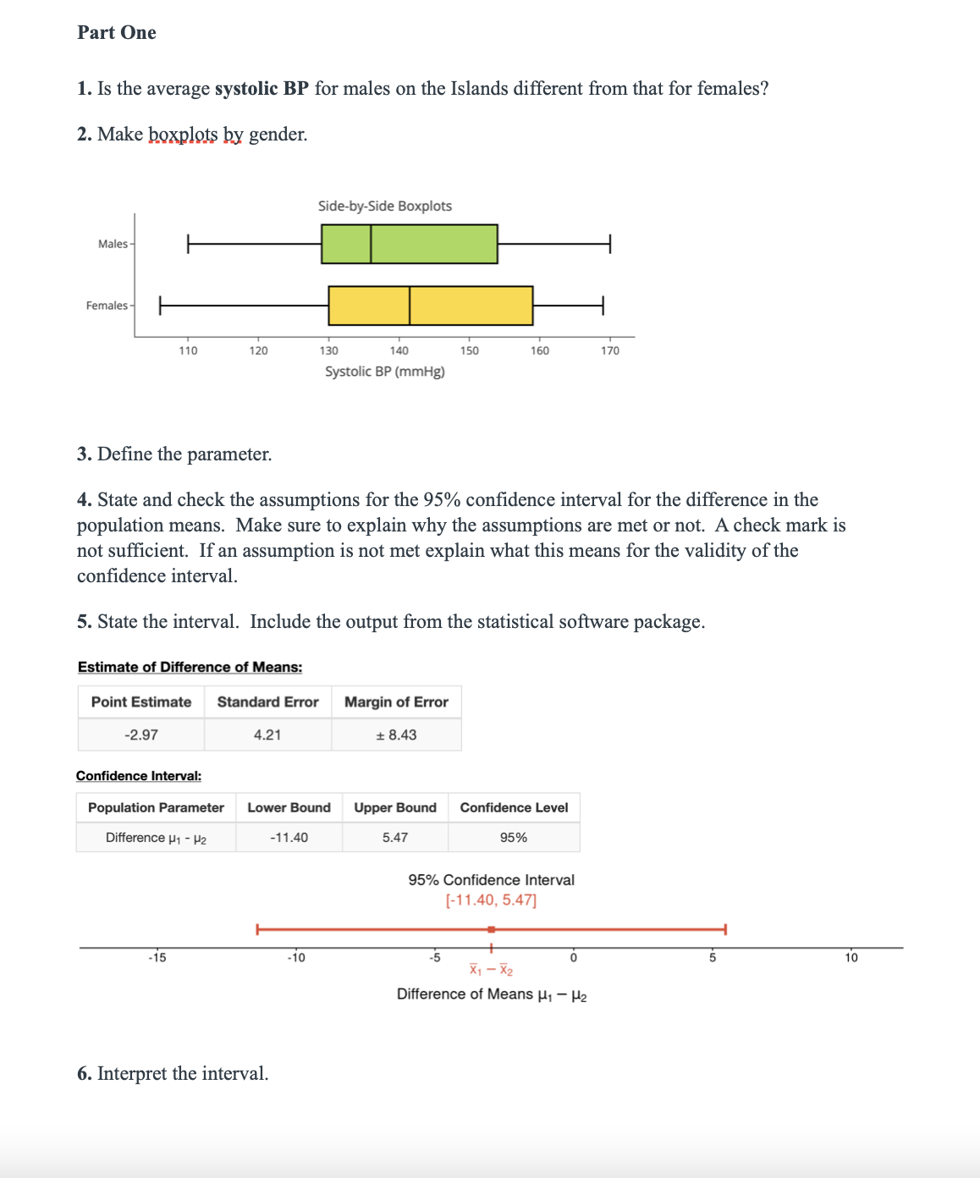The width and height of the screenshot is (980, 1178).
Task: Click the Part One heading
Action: pyautogui.click(x=117, y=33)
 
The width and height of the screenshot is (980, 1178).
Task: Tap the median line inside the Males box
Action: pyautogui.click(x=371, y=244)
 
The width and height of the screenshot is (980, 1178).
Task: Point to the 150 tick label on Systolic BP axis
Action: pyautogui.click(x=469, y=350)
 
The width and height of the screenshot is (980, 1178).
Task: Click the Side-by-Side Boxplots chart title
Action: pyautogui.click(x=384, y=206)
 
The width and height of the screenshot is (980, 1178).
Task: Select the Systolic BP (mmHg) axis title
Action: pyautogui.click(x=384, y=372)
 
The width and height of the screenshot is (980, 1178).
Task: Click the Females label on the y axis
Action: pyautogui.click(x=107, y=306)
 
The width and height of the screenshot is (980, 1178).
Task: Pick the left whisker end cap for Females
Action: pyautogui.click(x=160, y=306)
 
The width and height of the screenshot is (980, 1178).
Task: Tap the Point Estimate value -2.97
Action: pyautogui.click(x=141, y=735)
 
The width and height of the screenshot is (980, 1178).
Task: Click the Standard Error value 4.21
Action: pyautogui.click(x=267, y=735)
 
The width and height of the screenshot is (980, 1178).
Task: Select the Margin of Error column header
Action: pyautogui.click(x=396, y=702)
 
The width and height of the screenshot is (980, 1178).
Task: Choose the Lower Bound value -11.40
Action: pyautogui.click(x=289, y=837)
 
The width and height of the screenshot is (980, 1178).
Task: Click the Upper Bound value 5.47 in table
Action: pyautogui.click(x=394, y=837)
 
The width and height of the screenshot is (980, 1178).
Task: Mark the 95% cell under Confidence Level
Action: pyautogui.click(x=513, y=837)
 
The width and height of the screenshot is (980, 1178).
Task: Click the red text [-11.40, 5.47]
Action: pyautogui.click(x=491, y=900)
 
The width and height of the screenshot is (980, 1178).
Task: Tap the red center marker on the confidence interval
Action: pyautogui.click(x=491, y=929)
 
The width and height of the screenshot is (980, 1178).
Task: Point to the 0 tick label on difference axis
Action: pyautogui.click(x=573, y=958)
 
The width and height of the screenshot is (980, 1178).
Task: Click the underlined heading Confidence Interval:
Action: pyautogui.click(x=139, y=776)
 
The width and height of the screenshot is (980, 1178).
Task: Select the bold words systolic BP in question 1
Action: pyautogui.click(x=262, y=89)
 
